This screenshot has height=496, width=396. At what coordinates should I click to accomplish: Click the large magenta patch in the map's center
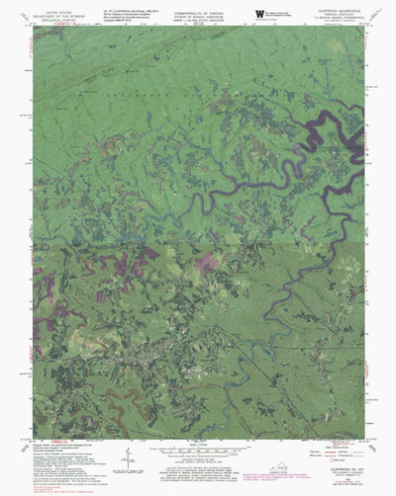point(205,261)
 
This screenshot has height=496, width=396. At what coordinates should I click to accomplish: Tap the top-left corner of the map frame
point(33,26)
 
